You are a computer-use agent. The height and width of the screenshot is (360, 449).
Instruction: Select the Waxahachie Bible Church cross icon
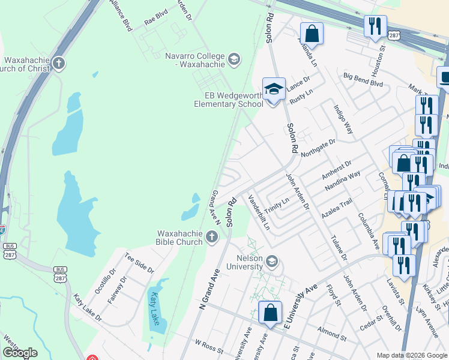211,238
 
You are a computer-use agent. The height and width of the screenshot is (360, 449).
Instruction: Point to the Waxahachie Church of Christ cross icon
58,64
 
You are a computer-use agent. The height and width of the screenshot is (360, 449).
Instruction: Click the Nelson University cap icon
271,261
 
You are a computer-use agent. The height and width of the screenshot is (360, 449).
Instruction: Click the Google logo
19,353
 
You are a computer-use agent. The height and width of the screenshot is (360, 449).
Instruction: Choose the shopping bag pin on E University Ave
270,313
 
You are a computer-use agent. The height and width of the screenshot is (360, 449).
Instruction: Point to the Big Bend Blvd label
363,80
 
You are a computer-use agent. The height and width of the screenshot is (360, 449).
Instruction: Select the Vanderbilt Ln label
259,212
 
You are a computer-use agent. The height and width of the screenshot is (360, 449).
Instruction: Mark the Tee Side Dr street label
139,262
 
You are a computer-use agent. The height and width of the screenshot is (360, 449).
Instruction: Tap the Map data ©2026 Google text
411,355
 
